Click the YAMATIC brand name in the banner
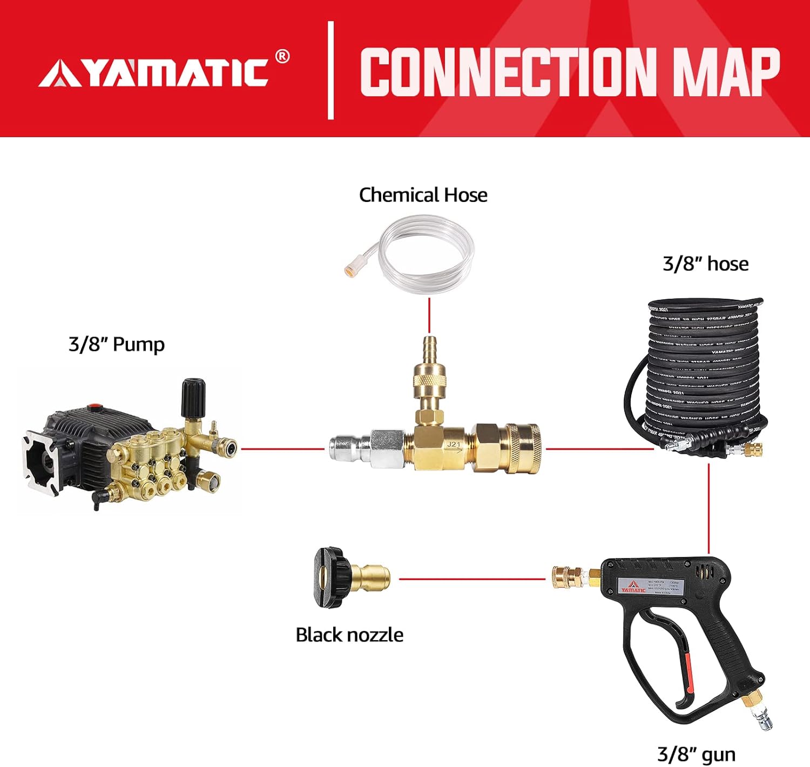(x=162, y=71)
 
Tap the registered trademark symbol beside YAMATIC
(x=282, y=56)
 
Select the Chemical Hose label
(x=423, y=195)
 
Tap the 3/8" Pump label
(x=116, y=344)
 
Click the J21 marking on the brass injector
(x=454, y=445)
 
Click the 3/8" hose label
(x=705, y=264)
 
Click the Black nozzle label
(x=349, y=635)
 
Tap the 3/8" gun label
(x=696, y=754)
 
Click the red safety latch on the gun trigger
(x=688, y=672)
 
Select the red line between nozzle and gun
(x=473, y=579)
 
